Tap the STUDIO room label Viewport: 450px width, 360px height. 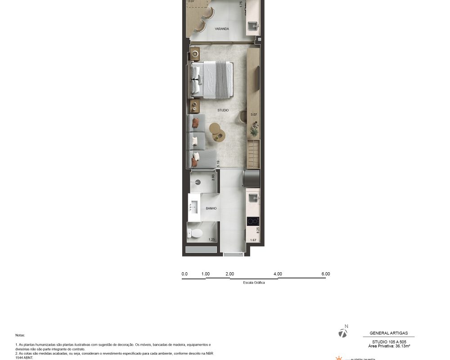coord(223,110)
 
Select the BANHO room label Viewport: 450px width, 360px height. coord(211,208)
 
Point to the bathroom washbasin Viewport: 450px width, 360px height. coord(194,207)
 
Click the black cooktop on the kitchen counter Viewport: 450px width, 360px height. coord(253,221)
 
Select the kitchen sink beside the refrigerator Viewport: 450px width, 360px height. coord(253,198)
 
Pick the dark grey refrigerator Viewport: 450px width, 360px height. coord(252,178)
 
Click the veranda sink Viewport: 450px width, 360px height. coord(253,25)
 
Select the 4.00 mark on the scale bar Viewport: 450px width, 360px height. coord(278,274)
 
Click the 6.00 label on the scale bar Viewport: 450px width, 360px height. coord(325,274)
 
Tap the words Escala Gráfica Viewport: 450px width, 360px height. coord(254,283)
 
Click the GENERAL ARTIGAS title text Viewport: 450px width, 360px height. coord(388,333)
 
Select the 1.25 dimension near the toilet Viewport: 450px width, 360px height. coord(211,240)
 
